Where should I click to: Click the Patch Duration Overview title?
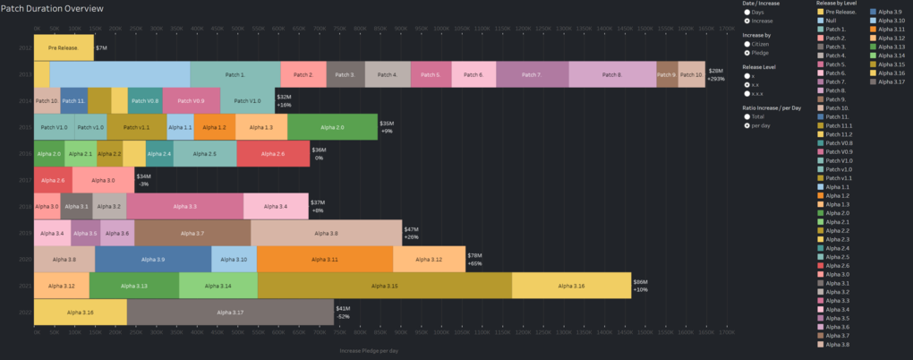tap(54, 8)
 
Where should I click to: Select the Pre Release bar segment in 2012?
tap(64, 47)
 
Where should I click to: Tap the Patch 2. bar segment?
tap(303, 74)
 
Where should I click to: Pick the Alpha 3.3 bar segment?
tap(186, 207)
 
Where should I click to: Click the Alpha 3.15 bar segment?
tap(384, 286)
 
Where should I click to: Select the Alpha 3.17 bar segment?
tap(230, 313)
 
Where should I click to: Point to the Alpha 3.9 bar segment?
tap(153, 260)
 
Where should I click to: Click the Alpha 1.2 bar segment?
tap(214, 127)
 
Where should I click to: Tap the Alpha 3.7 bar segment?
tap(192, 233)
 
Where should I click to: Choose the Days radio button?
tap(747, 12)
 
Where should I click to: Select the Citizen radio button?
tap(747, 43)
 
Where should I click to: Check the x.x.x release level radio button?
tap(747, 92)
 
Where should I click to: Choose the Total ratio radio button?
tap(747, 116)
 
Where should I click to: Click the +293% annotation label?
tap(715, 79)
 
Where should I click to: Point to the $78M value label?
tap(475, 255)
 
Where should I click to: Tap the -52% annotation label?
tap(343, 317)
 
